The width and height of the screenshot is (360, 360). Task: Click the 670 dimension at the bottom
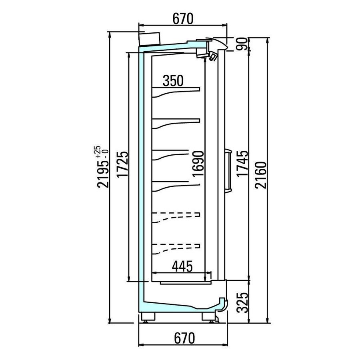[184, 338]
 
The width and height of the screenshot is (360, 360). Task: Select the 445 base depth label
[182, 266]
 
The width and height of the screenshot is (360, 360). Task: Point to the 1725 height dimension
[122, 164]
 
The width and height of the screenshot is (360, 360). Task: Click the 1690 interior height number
[198, 164]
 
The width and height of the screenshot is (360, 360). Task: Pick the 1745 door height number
[243, 164]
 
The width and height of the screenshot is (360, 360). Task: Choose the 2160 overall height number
[261, 175]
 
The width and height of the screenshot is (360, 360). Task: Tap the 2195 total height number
[103, 174]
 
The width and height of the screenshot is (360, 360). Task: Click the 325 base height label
[243, 303]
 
